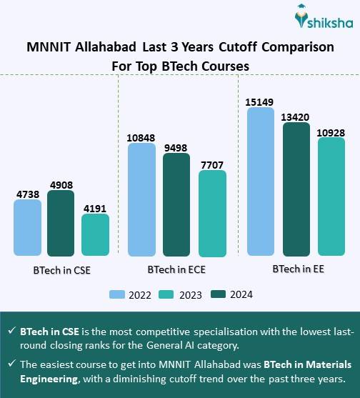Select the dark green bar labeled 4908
point(61,224)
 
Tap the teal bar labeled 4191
point(95,235)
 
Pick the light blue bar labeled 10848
point(141,200)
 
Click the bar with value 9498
point(176,205)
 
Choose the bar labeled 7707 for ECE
point(211,213)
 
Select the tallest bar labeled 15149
point(260,182)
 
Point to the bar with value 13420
point(296,189)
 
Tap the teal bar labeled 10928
point(331,196)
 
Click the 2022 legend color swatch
point(118,294)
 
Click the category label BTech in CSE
point(61,272)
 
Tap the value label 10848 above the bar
point(141,136)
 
